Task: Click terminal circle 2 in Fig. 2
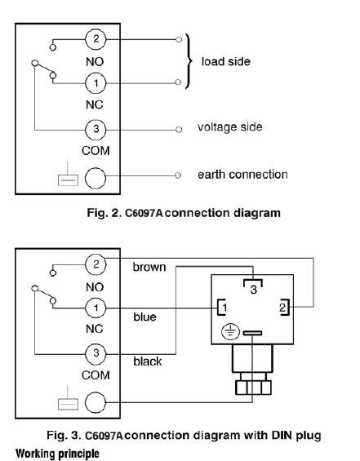click(x=96, y=39)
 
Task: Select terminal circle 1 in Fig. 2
click(x=96, y=83)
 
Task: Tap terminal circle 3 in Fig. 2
click(x=96, y=130)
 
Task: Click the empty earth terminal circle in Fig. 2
click(x=96, y=178)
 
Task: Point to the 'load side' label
click(x=226, y=61)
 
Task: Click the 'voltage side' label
click(x=229, y=127)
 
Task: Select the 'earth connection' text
click(x=242, y=175)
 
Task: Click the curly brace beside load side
click(x=189, y=61)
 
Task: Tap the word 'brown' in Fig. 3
click(x=149, y=268)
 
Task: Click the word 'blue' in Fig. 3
click(x=144, y=317)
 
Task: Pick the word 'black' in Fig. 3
click(x=148, y=361)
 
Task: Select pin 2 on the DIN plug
click(x=283, y=308)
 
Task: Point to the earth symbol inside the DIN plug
click(x=230, y=332)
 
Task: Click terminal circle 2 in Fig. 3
click(x=96, y=264)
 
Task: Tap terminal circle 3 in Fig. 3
click(x=96, y=353)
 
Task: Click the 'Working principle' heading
click(x=57, y=454)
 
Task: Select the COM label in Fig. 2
click(x=96, y=151)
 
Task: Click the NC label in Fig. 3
click(x=95, y=329)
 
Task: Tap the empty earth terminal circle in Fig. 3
click(x=96, y=402)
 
